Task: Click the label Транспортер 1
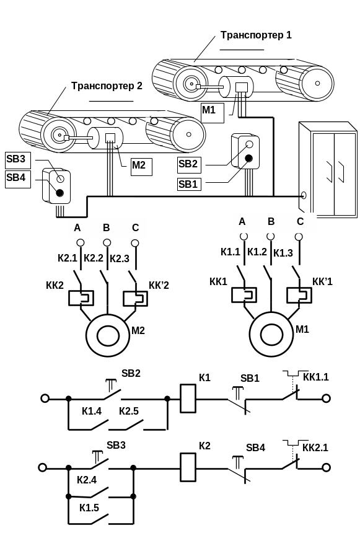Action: pyautogui.click(x=256, y=35)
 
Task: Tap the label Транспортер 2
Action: pyautogui.click(x=107, y=86)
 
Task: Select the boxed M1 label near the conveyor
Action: pyautogui.click(x=213, y=113)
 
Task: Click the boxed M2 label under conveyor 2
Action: pyautogui.click(x=141, y=167)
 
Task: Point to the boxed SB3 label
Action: pyautogui.click(x=18, y=161)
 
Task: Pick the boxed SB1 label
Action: pyautogui.click(x=189, y=184)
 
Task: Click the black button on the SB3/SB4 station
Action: pyautogui.click(x=60, y=193)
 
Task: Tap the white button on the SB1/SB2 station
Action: pyautogui.click(x=250, y=144)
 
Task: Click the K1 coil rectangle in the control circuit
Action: pyautogui.click(x=188, y=399)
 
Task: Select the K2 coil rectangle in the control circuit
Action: pyautogui.click(x=188, y=467)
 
